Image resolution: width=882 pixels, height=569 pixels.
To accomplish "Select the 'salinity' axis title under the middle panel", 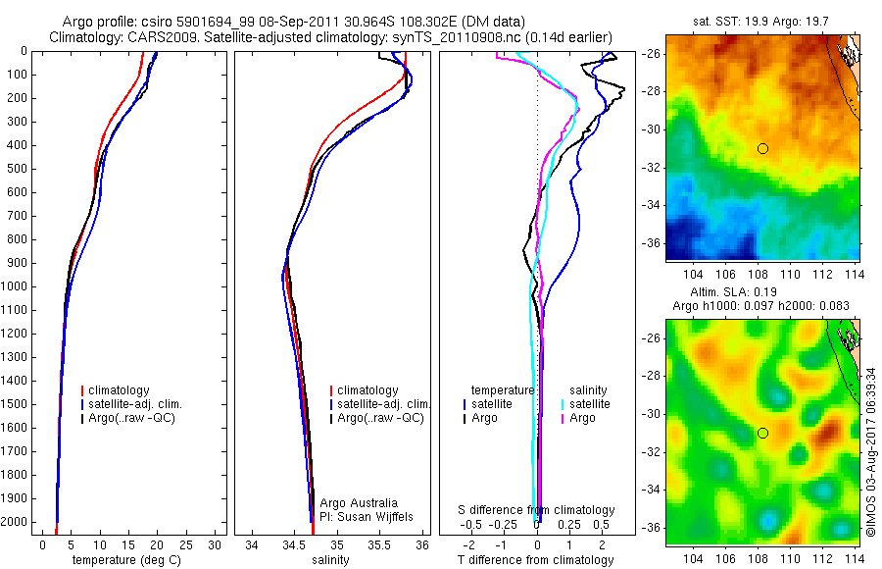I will pyautogui.click(x=330, y=560).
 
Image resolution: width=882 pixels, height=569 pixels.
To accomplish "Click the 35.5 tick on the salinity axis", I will pyautogui.click(x=379, y=543).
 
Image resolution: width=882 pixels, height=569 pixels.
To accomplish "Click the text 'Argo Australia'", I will pyautogui.click(x=360, y=502).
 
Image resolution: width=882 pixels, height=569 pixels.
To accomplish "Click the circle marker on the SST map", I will pyautogui.click(x=762, y=148).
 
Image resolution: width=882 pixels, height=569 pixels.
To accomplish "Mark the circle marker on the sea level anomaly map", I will pyautogui.click(x=762, y=433).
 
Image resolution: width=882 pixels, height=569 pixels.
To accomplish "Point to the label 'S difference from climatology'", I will pyautogui.click(x=537, y=510).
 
